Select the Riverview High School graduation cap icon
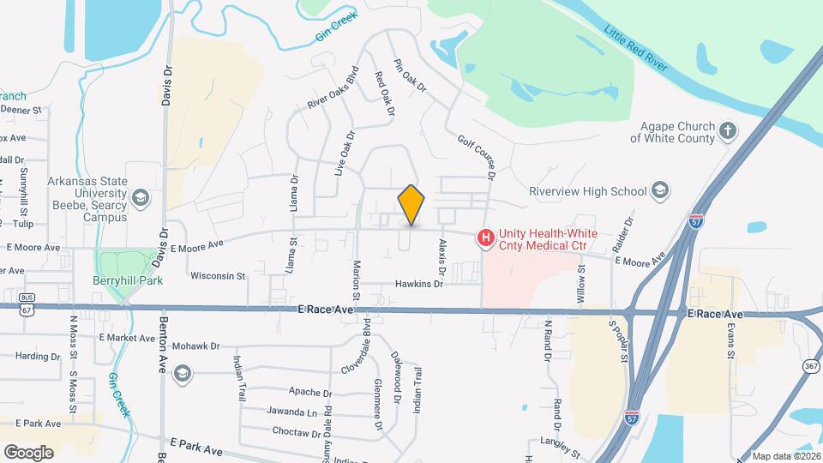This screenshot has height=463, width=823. click(660, 189)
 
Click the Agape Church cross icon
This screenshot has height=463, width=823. click(728, 131)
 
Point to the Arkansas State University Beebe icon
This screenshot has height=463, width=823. click(141, 199)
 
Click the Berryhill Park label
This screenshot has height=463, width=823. click(128, 280)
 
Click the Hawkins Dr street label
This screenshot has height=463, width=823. click(419, 284)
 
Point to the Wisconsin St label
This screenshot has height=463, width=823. click(218, 276)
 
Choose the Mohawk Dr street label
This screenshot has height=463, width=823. click(196, 347)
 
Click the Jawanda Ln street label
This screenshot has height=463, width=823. click(291, 412)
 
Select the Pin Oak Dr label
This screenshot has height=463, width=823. click(410, 75)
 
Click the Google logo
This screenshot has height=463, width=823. click(28, 452)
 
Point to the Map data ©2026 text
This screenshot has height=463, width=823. click(785, 456)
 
